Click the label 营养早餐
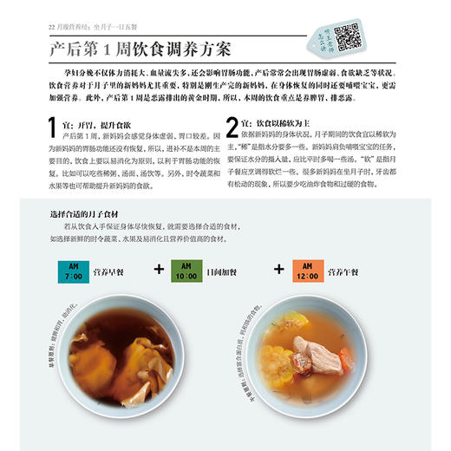[109, 271]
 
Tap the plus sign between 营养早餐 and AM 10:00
[159, 269]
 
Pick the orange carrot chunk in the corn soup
[346, 361]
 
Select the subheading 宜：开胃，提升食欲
[100, 123]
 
